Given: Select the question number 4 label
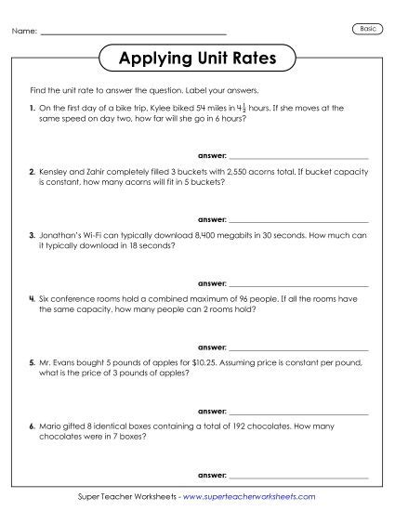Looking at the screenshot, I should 32,302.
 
